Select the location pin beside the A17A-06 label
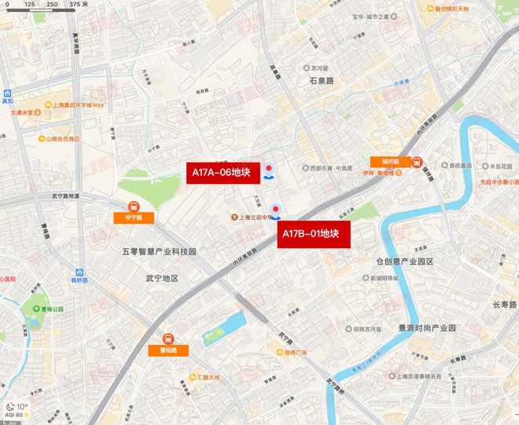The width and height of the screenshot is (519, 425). tap(270, 170)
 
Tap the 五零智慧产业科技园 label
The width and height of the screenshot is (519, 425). tap(158, 251)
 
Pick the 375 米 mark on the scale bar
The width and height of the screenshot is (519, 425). tap(76, 5)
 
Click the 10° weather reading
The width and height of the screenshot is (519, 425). tap(22, 406)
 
